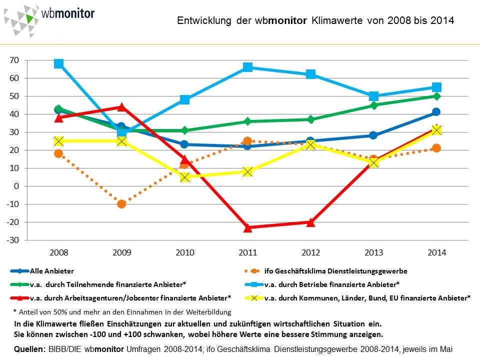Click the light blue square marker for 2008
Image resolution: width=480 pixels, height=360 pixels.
(x=58, y=63)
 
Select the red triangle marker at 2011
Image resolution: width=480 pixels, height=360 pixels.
(x=247, y=227)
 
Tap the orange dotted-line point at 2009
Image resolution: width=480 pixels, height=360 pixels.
(x=121, y=203)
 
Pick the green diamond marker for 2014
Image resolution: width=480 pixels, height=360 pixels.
(x=436, y=96)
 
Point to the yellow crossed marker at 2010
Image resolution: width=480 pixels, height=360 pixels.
(x=184, y=177)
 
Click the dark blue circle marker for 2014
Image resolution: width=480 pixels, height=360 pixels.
(x=436, y=112)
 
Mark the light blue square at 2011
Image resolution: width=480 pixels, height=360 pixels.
(x=247, y=67)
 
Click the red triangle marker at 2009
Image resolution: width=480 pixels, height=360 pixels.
(x=121, y=106)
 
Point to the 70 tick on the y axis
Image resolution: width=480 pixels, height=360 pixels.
(x=14, y=60)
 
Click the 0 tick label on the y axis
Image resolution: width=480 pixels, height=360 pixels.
(x=16, y=186)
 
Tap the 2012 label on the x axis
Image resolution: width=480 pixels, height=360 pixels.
(x=310, y=252)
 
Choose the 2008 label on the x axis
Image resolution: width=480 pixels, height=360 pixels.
(x=58, y=252)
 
